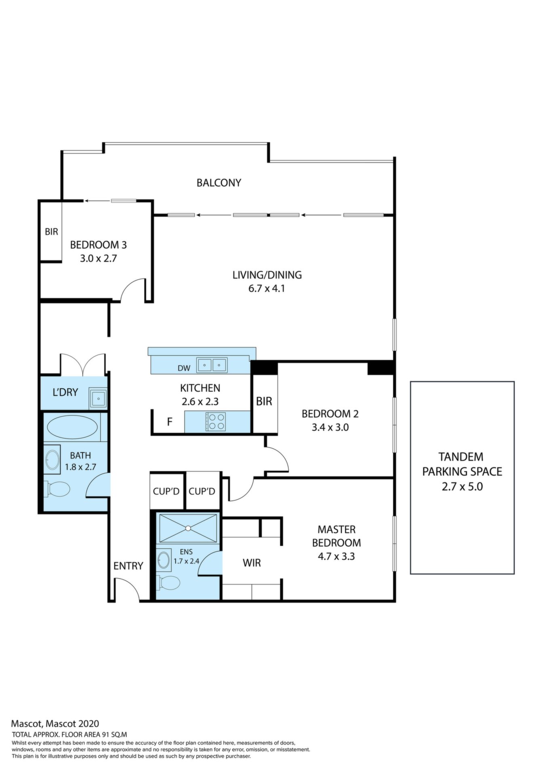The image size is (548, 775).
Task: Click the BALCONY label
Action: tap(219, 183)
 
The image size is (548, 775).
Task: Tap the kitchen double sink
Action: tap(212, 365)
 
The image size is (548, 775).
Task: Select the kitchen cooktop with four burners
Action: tap(216, 421)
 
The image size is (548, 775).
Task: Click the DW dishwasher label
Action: tap(184, 368)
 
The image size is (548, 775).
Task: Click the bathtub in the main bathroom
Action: tap(72, 427)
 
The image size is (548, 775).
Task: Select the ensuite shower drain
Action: tap(188, 528)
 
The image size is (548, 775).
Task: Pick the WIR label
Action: tap(252, 563)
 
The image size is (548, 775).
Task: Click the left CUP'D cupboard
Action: tap(166, 491)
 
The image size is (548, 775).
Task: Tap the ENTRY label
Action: tap(128, 566)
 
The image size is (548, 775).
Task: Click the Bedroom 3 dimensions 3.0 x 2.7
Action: tap(98, 258)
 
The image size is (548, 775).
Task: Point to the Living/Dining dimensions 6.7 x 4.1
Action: tap(267, 289)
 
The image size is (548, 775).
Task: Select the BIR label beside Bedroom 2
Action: tap(264, 401)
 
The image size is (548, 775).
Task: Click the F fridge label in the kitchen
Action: tap(170, 422)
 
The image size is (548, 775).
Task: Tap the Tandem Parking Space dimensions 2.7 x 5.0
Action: tap(462, 487)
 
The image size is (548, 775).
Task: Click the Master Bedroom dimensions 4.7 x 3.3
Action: tap(336, 556)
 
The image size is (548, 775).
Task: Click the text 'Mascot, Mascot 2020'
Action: tap(55, 724)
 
